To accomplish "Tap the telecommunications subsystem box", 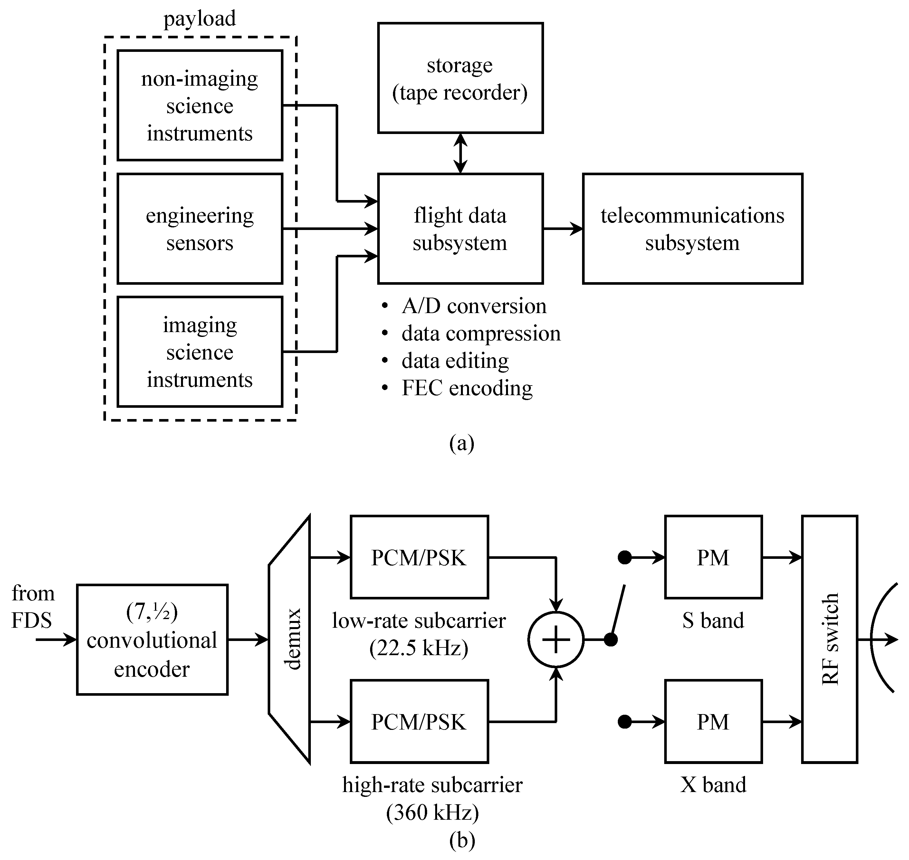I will pyautogui.click(x=692, y=228).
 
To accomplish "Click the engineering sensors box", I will pyautogui.click(x=199, y=228).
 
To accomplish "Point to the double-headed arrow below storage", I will pyautogui.click(x=460, y=153).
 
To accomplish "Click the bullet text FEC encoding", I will pyautogui.click(x=467, y=388).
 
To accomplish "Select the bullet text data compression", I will pyautogui.click(x=480, y=334).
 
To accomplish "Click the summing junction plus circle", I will pyautogui.click(x=556, y=639).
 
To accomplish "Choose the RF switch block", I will pyautogui.click(x=829, y=639).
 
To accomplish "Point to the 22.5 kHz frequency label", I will pyautogui.click(x=418, y=648).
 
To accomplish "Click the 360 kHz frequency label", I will pyautogui.click(x=432, y=812).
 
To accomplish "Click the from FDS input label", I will pyautogui.click(x=33, y=607).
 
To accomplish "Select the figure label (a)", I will pyautogui.click(x=462, y=443).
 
